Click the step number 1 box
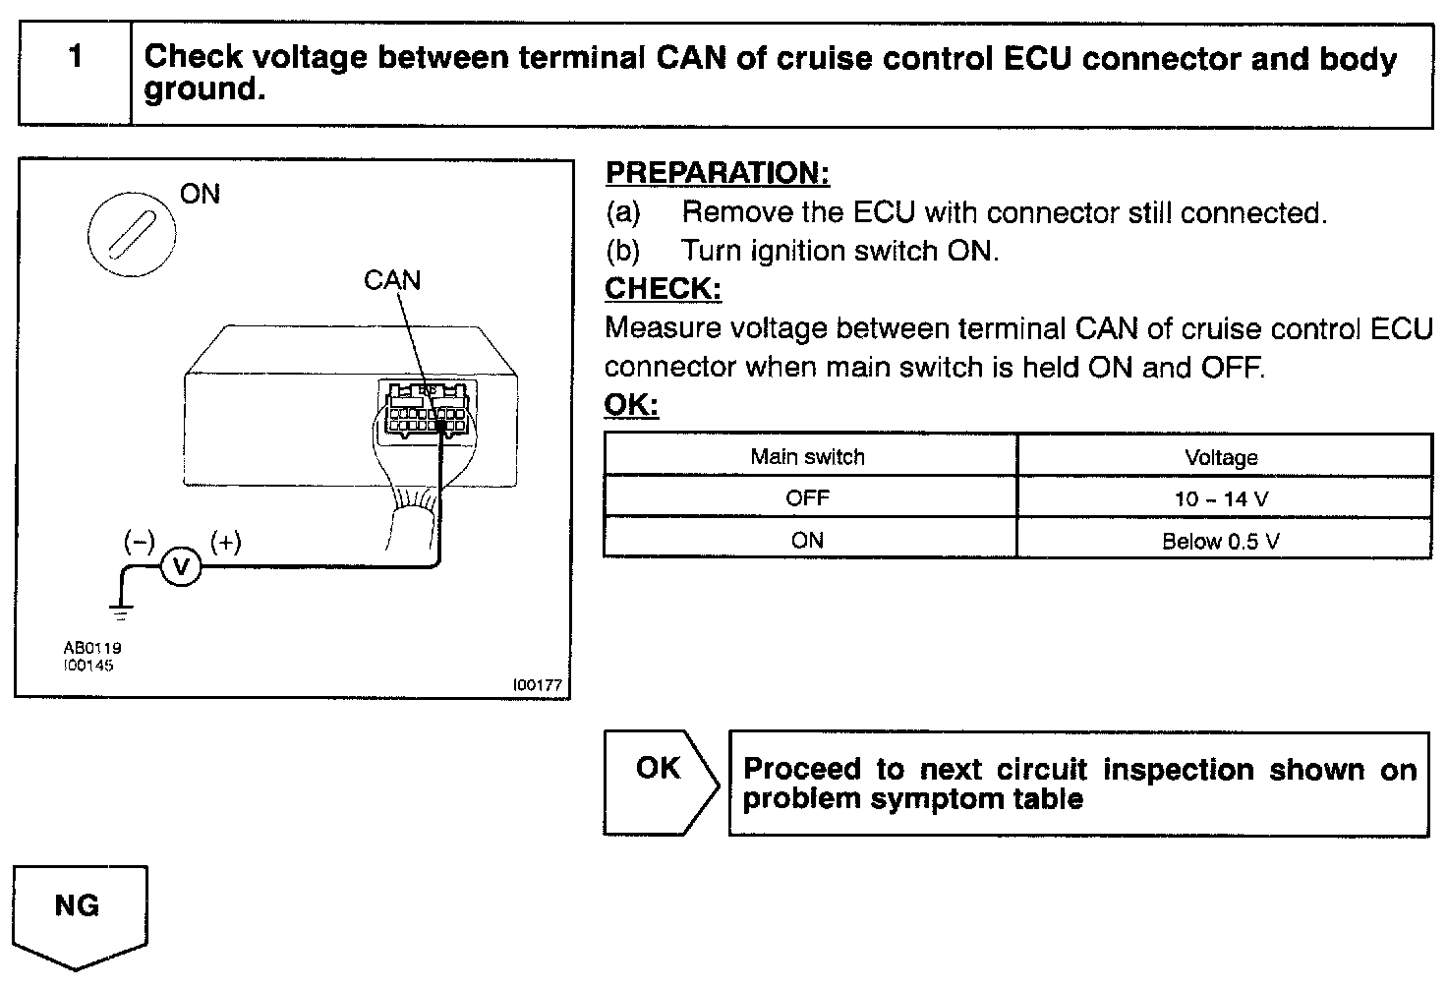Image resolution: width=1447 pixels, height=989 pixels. [75, 74]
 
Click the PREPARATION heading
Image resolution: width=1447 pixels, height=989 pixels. [718, 173]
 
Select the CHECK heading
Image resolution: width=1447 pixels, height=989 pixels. [663, 289]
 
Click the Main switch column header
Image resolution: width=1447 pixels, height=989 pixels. [807, 456]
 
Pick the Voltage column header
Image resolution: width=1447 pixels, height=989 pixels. [1221, 457]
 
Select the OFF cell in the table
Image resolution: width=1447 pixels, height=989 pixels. [807, 497]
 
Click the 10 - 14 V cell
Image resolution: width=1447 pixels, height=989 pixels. [1221, 498]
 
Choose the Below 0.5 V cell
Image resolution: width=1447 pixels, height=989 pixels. [1221, 541]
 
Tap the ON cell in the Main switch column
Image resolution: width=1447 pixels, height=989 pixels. [807, 540]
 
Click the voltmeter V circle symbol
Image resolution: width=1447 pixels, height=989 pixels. [180, 566]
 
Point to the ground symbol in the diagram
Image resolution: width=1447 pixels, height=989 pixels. [121, 613]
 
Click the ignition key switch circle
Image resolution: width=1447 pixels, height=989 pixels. [132, 236]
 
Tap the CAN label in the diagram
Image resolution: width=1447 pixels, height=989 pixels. [392, 281]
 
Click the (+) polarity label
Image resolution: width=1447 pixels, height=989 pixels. [226, 542]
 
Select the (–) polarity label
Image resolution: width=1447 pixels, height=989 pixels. [139, 542]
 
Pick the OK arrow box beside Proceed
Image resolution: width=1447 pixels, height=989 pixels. [660, 781]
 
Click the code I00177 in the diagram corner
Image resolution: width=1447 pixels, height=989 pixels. [538, 685]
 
